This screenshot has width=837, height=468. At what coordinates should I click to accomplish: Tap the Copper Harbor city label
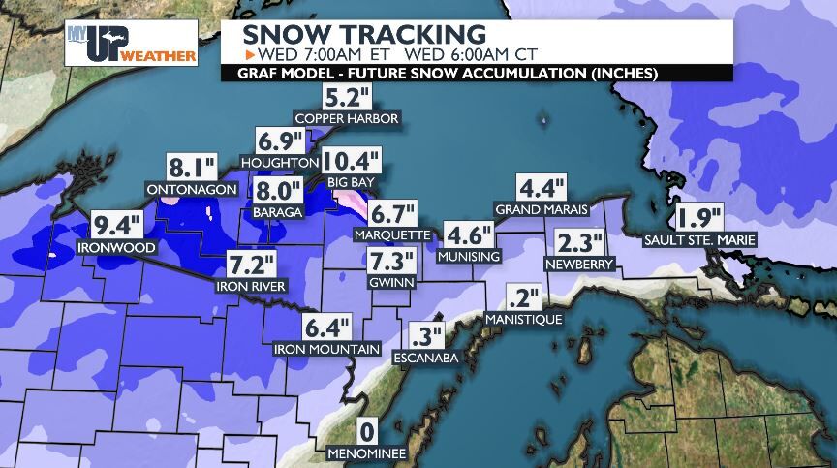click(348, 118)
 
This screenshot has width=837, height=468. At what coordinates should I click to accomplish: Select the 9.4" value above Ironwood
click(118, 228)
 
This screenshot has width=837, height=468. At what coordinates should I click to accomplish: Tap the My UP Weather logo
click(131, 45)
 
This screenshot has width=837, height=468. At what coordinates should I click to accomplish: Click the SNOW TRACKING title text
click(363, 34)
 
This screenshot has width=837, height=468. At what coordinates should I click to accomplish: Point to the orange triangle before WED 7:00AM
click(248, 53)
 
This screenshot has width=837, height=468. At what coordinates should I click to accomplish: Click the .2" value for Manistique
click(522, 298)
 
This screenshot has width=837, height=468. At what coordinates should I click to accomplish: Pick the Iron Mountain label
click(327, 349)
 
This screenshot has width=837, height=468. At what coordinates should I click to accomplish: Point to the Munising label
click(468, 257)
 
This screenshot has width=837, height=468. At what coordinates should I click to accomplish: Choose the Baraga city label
click(277, 211)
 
